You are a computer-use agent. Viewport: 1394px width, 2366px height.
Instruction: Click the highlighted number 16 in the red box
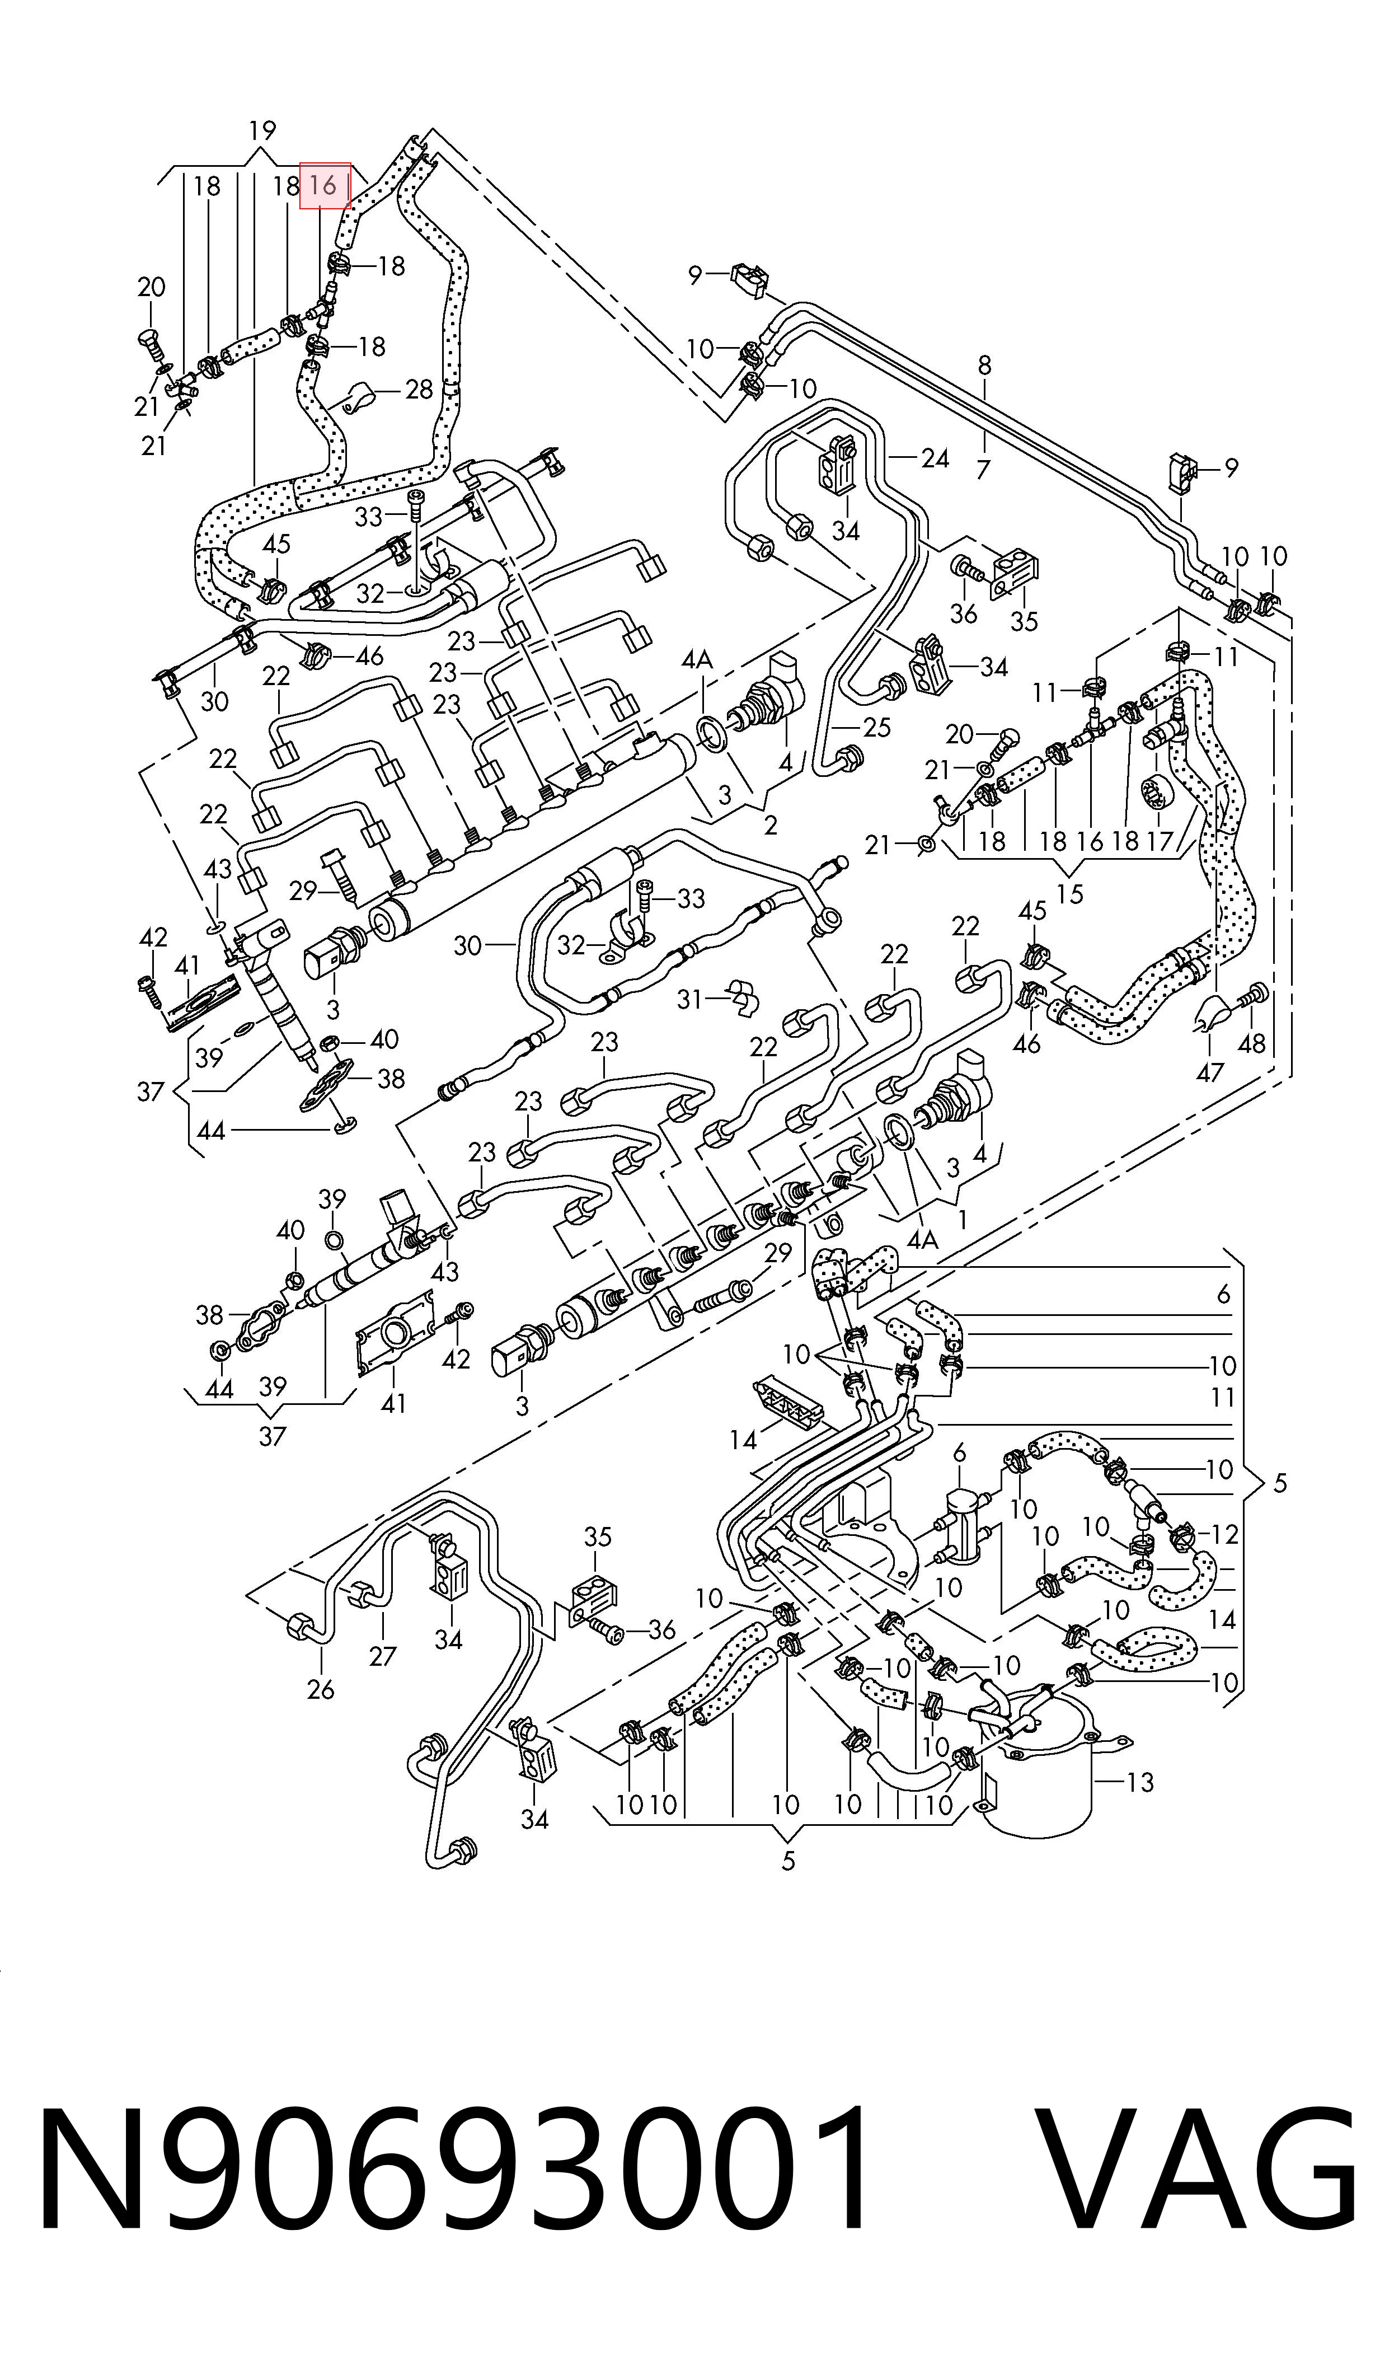coord(323,186)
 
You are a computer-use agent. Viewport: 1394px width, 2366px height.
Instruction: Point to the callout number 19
coord(262,130)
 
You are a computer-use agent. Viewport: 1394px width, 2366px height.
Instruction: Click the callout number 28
coord(419,389)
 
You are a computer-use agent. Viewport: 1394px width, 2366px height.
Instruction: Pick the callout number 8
coord(984,366)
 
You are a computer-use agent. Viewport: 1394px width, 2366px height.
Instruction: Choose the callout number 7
coord(983,468)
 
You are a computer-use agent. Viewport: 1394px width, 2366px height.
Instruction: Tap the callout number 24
coord(935,458)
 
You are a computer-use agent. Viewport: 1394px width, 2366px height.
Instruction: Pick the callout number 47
coord(1210,1072)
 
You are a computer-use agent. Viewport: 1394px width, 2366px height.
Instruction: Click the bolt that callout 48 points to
coord(1255,996)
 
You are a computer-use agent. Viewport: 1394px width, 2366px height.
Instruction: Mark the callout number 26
coord(320,1690)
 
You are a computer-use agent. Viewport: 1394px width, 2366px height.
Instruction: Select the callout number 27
coord(382,1656)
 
